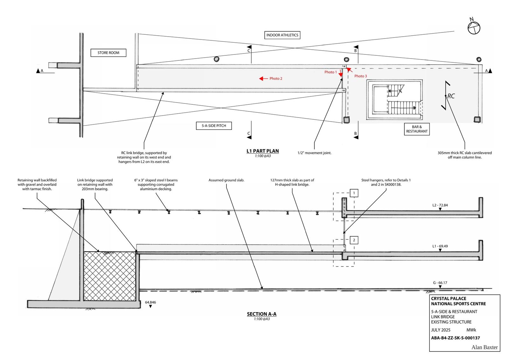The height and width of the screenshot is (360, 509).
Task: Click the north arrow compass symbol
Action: click(474, 28)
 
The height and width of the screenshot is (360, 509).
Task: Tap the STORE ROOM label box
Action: click(108, 53)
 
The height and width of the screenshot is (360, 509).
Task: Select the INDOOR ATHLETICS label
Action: click(282, 35)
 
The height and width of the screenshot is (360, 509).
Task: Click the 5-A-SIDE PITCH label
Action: click(214, 126)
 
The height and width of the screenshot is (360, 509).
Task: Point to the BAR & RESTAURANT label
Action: click(417, 129)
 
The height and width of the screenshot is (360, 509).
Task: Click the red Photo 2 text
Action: click(276, 79)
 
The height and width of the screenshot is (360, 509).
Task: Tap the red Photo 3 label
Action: click(360, 76)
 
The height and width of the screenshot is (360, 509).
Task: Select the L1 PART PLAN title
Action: click(262, 151)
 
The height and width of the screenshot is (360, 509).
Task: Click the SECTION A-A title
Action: click(261, 314)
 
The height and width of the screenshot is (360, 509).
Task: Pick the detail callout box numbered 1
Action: click(354, 193)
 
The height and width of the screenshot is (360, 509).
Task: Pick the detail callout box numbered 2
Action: click(354, 240)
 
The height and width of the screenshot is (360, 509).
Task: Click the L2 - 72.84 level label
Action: click(440, 205)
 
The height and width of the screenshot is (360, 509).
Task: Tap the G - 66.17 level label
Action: click(440, 283)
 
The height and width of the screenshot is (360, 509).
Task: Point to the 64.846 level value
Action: click(150, 302)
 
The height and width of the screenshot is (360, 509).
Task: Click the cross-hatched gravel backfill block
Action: click(109, 276)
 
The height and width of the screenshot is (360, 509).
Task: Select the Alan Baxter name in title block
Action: click(484, 347)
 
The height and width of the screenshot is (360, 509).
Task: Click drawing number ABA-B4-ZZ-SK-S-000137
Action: click(455, 338)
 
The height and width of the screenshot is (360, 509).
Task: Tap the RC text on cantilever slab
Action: click(451, 96)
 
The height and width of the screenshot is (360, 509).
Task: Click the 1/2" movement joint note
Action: click(314, 153)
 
